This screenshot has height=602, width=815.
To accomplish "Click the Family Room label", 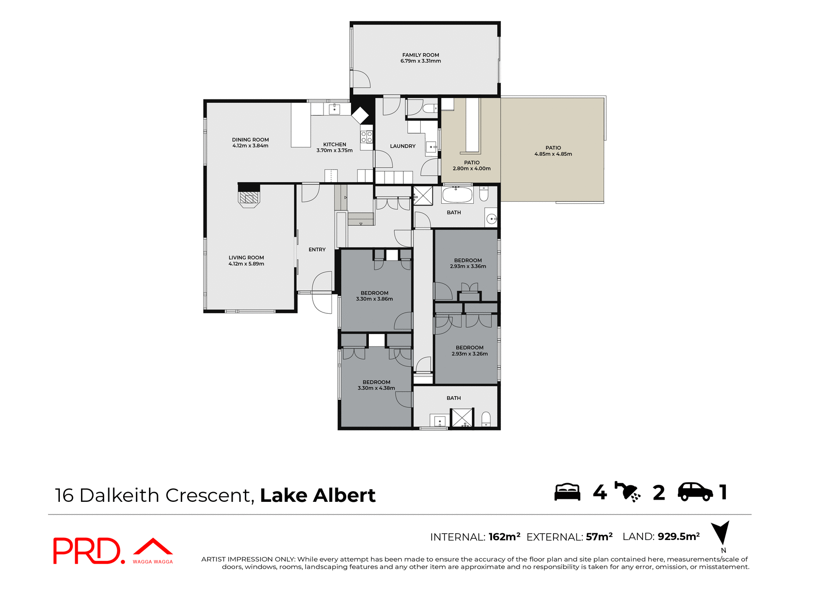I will pos(420,55).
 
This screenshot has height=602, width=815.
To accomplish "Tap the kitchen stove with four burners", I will pos(366,137).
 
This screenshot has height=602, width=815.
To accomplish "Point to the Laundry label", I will pos(402,146).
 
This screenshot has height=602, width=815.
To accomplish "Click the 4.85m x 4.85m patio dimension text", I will pos(553,154).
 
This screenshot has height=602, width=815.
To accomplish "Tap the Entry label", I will pos(317,250).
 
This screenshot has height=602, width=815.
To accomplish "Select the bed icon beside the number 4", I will pos(567,492).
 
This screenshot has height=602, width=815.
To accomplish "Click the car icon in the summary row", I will pos(695,492).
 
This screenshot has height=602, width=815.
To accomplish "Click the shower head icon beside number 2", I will pos(627,492).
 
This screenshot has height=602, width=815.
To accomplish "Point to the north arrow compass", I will pos(720,533).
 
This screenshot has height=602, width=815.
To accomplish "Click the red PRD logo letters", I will pos(87,551).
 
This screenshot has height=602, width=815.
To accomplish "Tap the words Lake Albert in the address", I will pos(318,495).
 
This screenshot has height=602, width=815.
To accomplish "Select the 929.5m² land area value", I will pos(678,537).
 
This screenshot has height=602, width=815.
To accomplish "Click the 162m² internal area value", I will pos(504,537).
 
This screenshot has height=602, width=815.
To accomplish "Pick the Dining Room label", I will pos(250,140).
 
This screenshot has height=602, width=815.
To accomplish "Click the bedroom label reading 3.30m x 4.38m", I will pos(376,388).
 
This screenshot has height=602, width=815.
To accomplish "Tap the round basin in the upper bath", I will pos(491,219).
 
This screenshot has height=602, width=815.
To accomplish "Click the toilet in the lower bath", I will pos(486,419).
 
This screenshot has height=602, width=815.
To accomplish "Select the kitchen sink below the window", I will pos(334,109).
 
